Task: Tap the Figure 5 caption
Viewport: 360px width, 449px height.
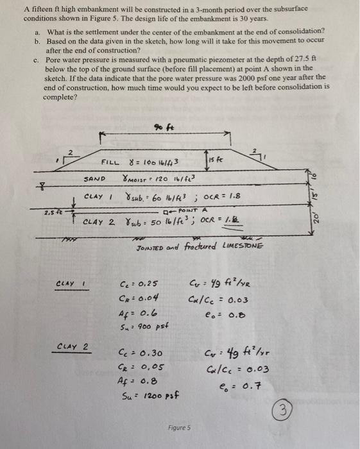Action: [180, 428]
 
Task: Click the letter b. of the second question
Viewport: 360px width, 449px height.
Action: [37, 40]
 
